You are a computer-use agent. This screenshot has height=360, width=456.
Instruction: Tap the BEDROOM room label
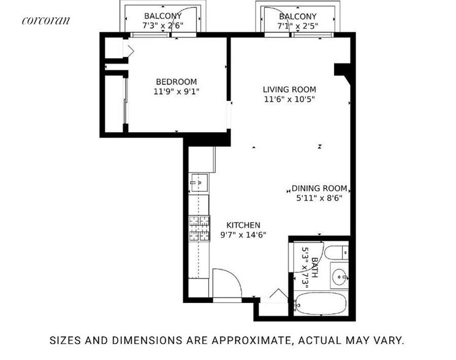[x=176, y=82]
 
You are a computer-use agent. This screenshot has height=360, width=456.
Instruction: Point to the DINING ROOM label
[x=319, y=189]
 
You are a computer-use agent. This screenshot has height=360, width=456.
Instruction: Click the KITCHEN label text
[x=244, y=225]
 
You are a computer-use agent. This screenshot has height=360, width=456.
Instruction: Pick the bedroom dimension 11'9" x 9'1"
[x=176, y=92]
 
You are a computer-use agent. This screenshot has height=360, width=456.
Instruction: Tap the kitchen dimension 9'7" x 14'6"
[x=244, y=234]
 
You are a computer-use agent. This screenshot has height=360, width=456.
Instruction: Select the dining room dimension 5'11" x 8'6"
[x=319, y=198]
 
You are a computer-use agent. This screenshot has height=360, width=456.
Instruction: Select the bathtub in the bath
[x=321, y=305]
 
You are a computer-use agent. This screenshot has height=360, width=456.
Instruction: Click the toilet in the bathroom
[x=336, y=252]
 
